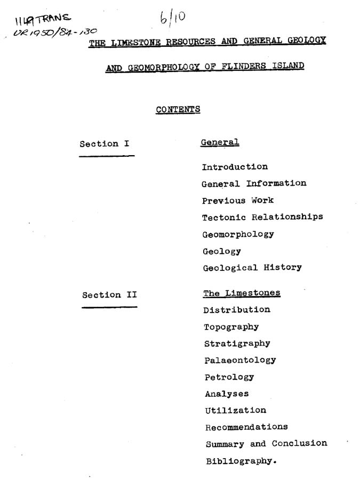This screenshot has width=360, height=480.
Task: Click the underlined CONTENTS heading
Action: tap(178, 109)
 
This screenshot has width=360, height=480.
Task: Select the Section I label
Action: tap(105, 144)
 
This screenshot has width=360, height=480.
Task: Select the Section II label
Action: tap(109, 295)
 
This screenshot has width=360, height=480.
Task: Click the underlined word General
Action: tap(220, 142)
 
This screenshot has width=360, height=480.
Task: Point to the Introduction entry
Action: tap(235, 167)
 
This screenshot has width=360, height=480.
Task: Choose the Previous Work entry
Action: tap(238, 201)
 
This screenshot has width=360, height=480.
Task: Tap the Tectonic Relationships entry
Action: tap(262, 218)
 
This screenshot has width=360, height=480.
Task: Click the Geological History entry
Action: tap(252, 268)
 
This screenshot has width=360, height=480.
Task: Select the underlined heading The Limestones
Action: tap(242, 293)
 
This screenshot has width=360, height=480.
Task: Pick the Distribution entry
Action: tap(237, 310)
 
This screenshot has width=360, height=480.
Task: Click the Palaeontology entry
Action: tap(240, 360)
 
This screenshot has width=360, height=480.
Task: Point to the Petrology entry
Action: tap(229, 377)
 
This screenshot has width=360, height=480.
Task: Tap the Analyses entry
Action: tap(227, 394)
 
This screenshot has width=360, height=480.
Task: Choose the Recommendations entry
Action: tap(246, 427)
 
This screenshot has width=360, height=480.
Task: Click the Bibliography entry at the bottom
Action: tap(241, 461)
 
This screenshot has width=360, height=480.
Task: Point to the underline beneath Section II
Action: tap(109, 307)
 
